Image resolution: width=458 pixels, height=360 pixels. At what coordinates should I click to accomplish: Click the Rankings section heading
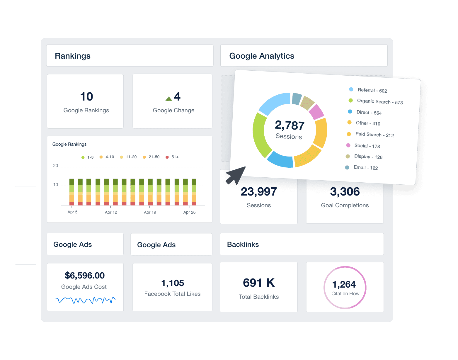[73, 56]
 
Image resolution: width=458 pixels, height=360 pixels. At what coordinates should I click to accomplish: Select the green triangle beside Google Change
[168, 99]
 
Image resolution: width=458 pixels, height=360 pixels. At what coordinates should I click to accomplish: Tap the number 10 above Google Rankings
[86, 97]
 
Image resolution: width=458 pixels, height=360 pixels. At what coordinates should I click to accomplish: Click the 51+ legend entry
[172, 157]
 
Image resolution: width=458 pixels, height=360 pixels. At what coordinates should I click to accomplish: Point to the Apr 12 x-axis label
[111, 212]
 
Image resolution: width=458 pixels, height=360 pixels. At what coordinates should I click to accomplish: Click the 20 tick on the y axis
[56, 166]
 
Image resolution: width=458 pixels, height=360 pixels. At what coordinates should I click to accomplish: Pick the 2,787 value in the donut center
[290, 125]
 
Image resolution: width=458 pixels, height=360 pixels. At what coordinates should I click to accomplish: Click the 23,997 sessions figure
[259, 192]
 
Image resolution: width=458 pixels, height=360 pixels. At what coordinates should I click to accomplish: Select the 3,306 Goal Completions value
[345, 192]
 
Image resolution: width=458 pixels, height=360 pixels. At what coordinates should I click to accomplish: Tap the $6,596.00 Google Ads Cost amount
[85, 276]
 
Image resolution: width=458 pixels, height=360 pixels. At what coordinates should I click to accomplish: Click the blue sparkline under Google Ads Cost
[85, 300]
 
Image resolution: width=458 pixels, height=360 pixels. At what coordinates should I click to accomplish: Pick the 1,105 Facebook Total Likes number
[173, 283]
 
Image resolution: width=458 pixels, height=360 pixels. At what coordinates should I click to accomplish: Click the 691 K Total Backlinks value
[259, 283]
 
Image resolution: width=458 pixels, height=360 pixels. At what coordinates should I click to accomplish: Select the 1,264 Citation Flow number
[344, 284]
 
